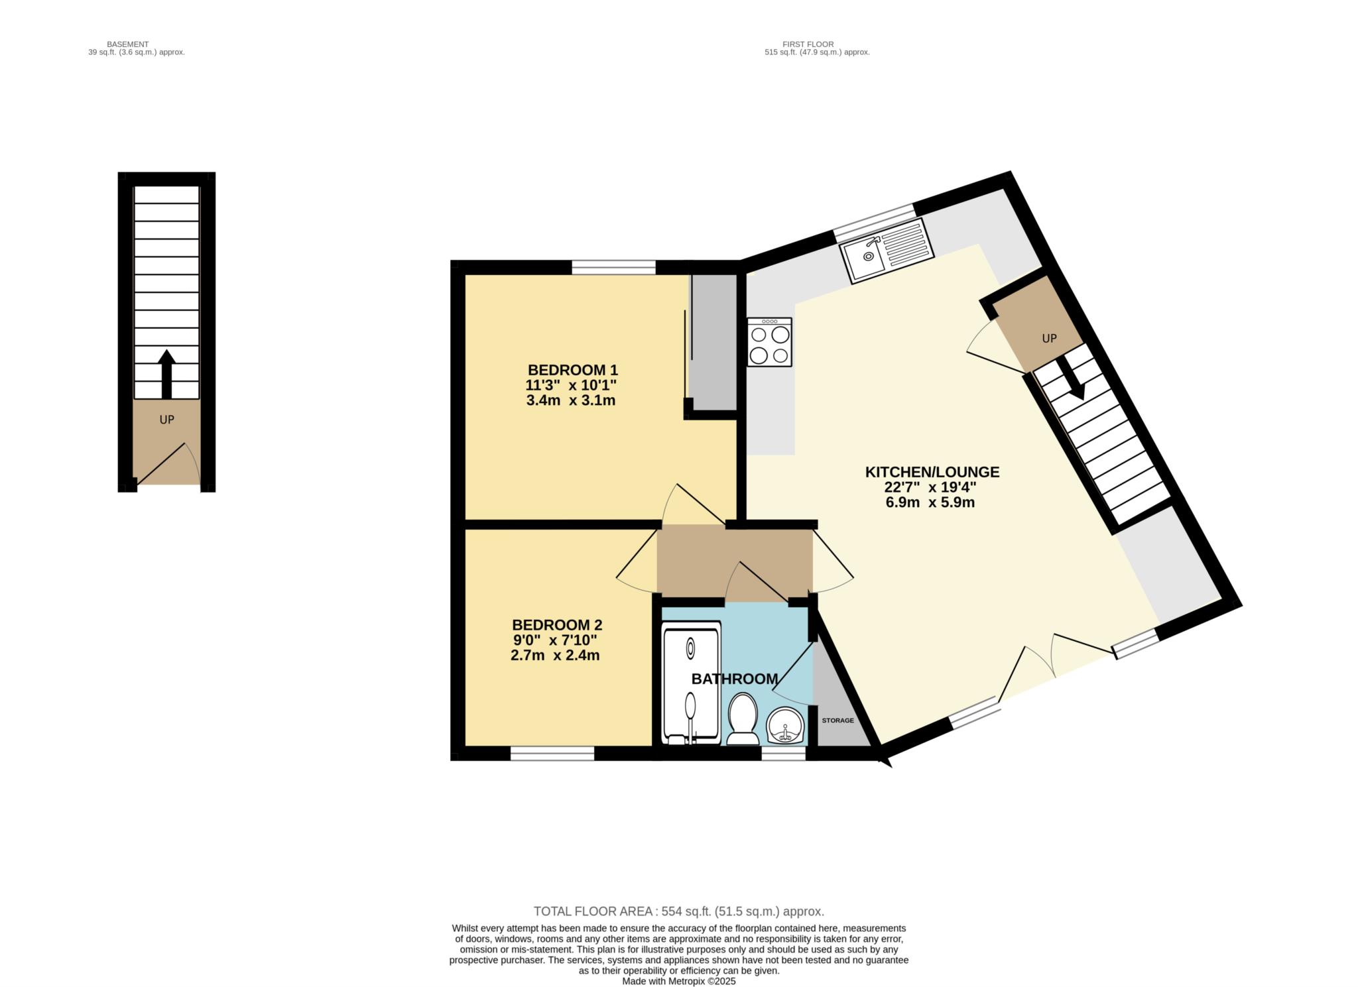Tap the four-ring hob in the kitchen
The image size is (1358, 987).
[769, 342]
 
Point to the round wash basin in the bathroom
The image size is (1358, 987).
[786, 725]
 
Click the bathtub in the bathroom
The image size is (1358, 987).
[691, 683]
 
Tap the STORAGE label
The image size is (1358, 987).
[837, 721]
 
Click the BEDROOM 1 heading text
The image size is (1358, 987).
[572, 370]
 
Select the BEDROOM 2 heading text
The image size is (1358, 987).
[557, 625]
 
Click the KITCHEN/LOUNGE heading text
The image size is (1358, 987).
[932, 472]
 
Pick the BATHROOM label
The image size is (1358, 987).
[734, 679]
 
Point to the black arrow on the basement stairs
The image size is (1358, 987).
[166, 374]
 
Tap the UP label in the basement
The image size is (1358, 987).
[166, 420]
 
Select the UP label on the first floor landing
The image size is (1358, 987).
[1049, 339]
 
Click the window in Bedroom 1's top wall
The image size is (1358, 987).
[613, 267]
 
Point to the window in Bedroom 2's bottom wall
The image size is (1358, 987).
[552, 753]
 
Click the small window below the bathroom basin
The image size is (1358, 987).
[783, 753]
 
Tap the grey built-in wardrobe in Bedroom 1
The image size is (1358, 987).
[713, 343]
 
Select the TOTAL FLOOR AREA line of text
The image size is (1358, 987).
[679, 911]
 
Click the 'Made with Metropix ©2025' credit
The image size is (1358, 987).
[679, 982]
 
